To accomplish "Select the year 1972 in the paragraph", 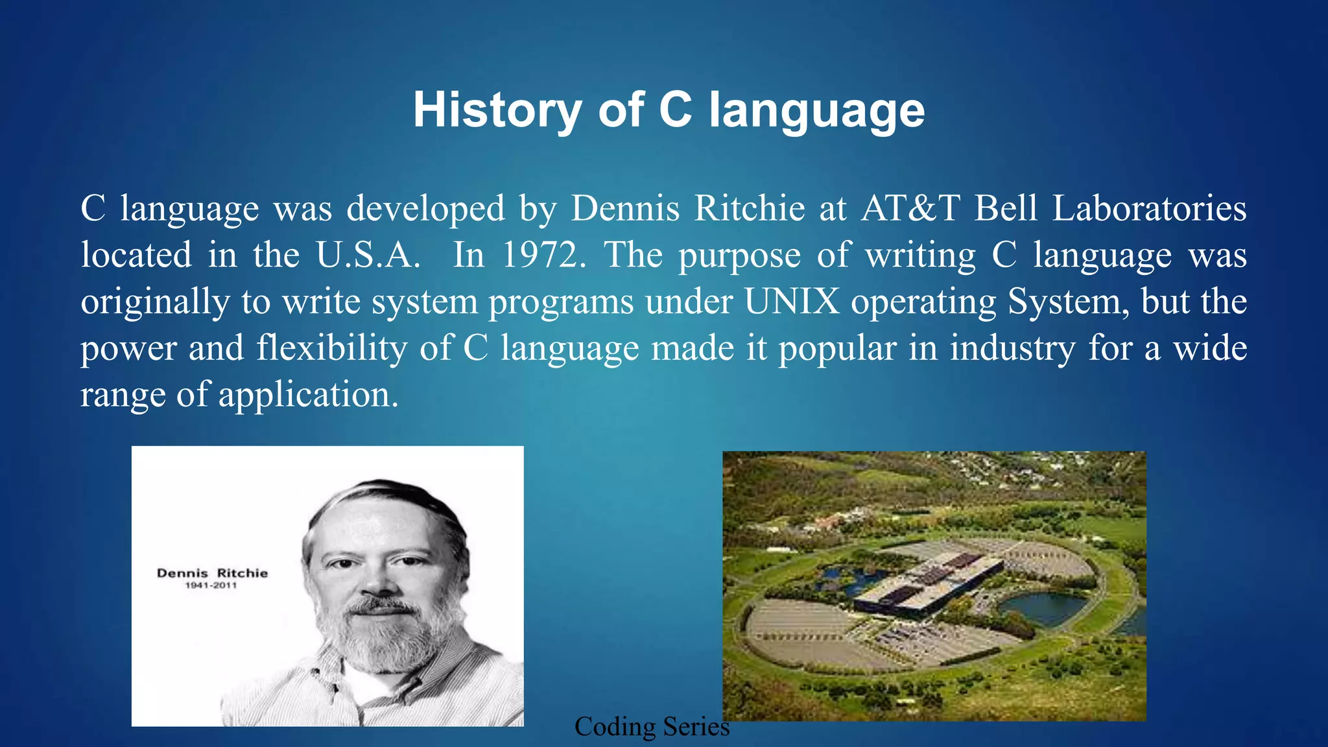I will point(543,255).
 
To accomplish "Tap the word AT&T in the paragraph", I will point(910,209).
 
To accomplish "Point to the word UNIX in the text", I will point(792,302).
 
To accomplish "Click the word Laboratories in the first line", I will point(1148,209).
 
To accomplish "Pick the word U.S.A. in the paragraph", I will point(368,255).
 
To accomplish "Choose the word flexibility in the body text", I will point(331,348).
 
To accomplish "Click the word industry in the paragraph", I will point(1012,348).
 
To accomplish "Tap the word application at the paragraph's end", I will point(307,394).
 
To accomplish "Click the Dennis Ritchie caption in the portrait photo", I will point(212,573).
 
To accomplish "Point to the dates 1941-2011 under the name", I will point(211,586).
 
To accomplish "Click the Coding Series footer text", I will point(652,727).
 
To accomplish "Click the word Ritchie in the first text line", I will point(749,209).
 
